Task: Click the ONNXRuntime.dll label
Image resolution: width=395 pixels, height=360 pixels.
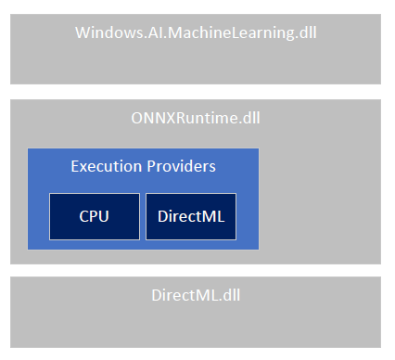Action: tap(196, 118)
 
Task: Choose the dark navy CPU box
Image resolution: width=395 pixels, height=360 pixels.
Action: tap(95, 216)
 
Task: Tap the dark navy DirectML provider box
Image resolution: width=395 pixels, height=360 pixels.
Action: tap(191, 216)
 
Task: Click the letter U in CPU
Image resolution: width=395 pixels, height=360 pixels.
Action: tap(105, 216)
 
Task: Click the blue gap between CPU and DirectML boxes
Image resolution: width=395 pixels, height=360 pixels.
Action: tap(143, 216)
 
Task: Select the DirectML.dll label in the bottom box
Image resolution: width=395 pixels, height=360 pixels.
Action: tap(196, 297)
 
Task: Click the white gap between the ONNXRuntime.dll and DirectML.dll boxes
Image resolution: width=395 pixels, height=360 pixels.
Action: tap(196, 270)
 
